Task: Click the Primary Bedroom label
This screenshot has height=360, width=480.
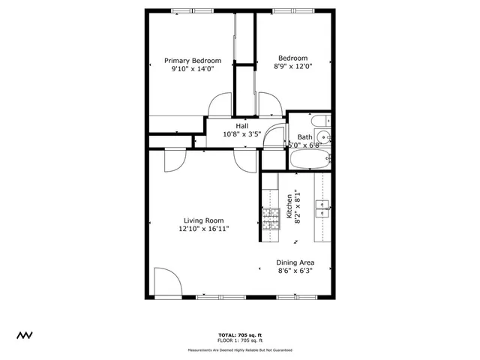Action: coord(193,61)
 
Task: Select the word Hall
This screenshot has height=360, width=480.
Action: coord(241,126)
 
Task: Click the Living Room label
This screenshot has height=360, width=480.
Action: coord(203,220)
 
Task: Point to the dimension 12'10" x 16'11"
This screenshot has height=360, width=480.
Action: coord(203,229)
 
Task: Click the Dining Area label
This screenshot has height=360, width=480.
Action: coord(296,262)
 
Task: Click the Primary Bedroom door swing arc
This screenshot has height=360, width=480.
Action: coord(218,105)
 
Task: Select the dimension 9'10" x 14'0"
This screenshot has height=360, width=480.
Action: coord(193,69)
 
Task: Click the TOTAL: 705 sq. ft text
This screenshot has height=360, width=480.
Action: coord(240,334)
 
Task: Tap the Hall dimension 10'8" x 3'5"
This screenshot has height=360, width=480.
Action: coord(241,134)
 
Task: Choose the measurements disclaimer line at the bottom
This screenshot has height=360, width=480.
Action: coord(240,350)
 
